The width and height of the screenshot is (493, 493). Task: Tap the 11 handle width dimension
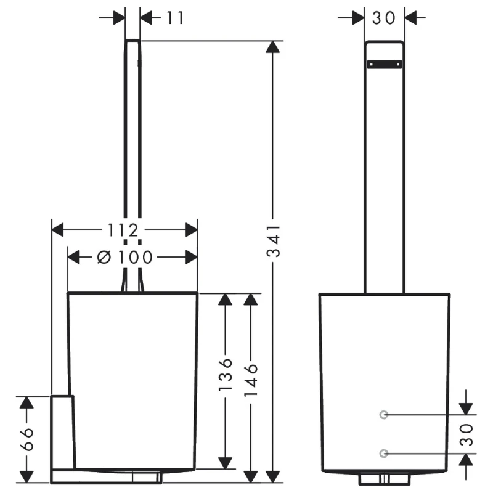175,18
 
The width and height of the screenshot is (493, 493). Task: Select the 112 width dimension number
122,230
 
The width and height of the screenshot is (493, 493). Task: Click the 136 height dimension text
225,374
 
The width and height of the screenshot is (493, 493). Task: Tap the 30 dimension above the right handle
383,18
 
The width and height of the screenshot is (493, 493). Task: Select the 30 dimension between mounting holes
466,434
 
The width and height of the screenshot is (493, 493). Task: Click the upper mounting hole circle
384,415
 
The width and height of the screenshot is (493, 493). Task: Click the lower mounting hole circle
384,454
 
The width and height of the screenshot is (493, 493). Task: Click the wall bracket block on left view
62,431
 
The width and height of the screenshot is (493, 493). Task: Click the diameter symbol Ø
104,257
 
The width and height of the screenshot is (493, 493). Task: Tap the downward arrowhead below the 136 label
226,462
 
